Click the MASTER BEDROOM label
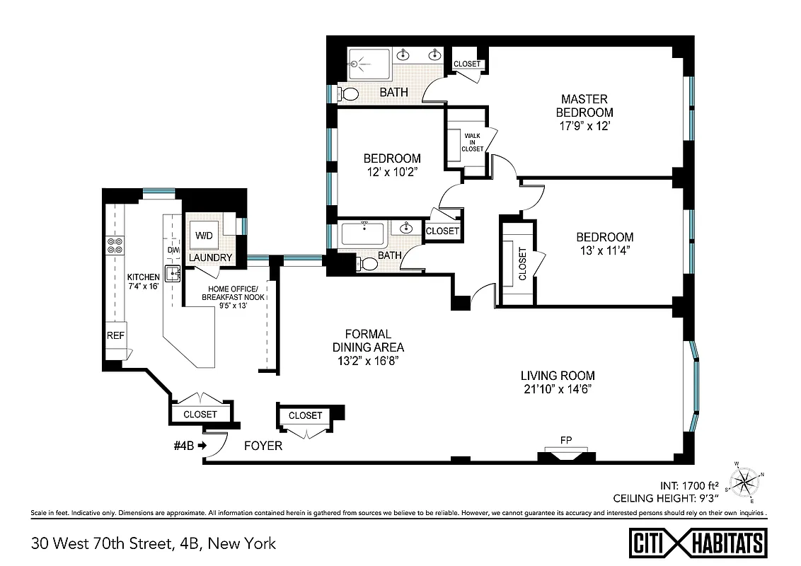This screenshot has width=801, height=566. (x=584, y=106)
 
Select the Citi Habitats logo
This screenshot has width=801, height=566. (x=698, y=543)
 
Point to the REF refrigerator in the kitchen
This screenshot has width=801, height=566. (x=115, y=335)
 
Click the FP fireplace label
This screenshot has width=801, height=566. (x=565, y=441)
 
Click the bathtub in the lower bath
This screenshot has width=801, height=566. (x=362, y=233)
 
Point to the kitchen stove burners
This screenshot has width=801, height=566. (x=115, y=245)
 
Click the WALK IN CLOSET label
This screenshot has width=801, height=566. (x=472, y=141)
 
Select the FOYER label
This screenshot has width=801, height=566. (x=263, y=446)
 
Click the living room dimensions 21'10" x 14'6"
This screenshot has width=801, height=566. (x=557, y=389)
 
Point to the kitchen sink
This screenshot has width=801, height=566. (x=173, y=272)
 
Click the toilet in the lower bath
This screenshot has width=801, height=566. (x=369, y=263)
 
